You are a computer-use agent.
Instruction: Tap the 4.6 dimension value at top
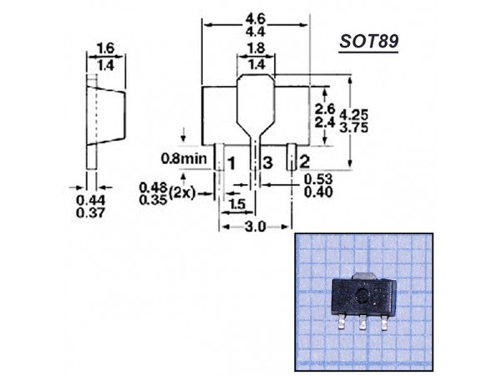tap(256, 14)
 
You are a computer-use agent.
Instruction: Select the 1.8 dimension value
tap(256, 48)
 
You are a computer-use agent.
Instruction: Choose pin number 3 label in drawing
tap(266, 161)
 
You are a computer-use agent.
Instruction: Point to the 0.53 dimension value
tap(319, 178)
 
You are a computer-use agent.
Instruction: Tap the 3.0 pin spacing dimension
tap(256, 227)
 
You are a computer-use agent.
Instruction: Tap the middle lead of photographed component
tap(362, 323)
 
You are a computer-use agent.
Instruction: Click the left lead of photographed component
tap(342, 322)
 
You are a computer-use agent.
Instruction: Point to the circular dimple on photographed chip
tap(361, 296)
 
